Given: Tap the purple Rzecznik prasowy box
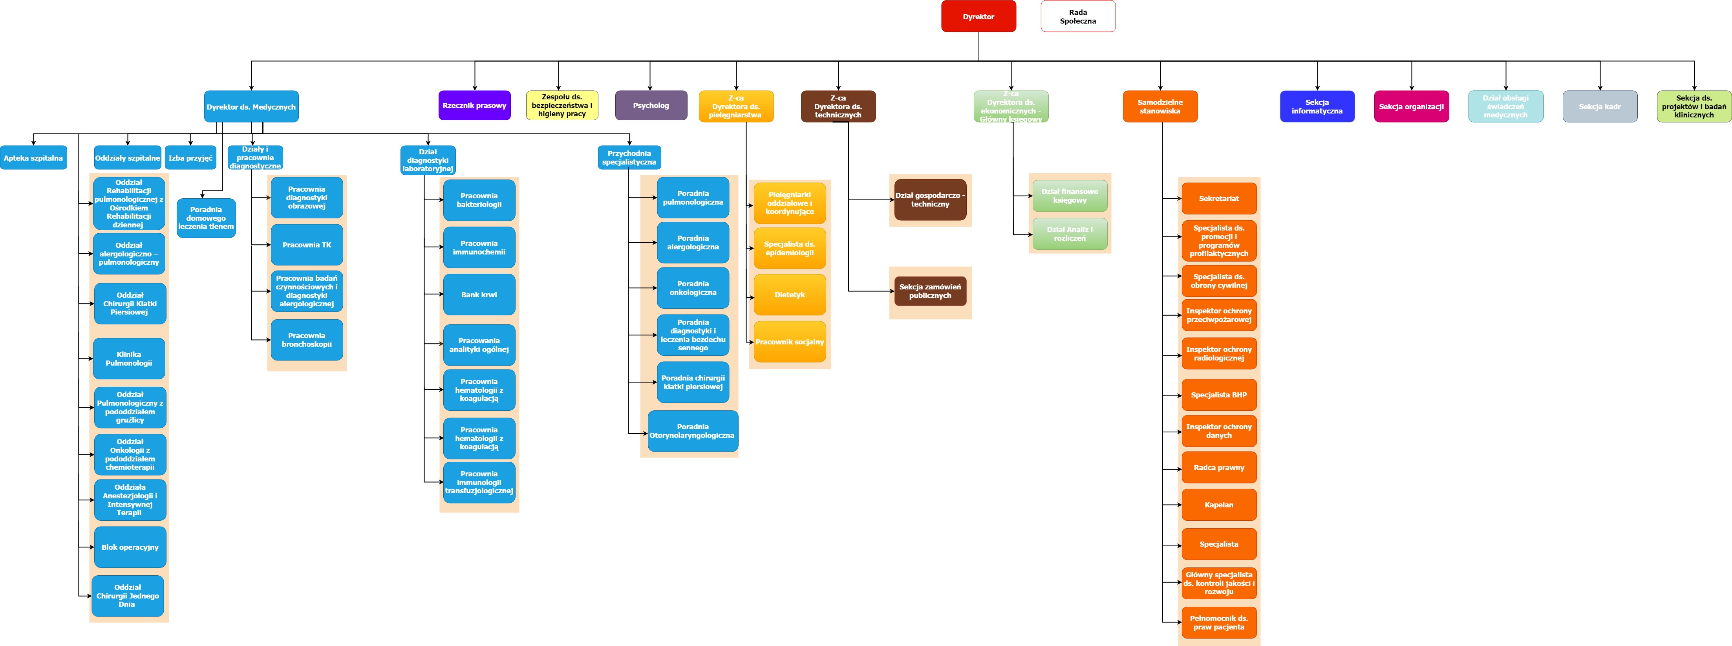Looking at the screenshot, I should click(474, 106).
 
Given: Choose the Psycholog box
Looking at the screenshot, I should click(651, 106).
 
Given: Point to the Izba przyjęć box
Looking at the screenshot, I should click(190, 158).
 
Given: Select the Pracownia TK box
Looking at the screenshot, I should click(307, 245).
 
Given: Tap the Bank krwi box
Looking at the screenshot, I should click(479, 295).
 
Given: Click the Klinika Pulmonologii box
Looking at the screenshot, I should click(129, 358).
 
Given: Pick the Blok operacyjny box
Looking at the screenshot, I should click(130, 547).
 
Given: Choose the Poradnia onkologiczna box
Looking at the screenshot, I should click(693, 288).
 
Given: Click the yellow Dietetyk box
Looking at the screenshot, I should click(789, 295).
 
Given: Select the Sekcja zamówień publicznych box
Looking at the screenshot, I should click(930, 291).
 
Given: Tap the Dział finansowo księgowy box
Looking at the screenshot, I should click(1069, 196).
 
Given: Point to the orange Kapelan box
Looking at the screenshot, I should click(1218, 505).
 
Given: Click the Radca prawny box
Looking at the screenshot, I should click(1218, 467).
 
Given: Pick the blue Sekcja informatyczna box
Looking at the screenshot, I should click(1317, 106).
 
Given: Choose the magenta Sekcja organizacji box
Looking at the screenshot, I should click(1410, 106).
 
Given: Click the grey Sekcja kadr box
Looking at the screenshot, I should click(1600, 106).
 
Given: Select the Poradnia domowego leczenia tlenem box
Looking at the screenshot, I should click(206, 218).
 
